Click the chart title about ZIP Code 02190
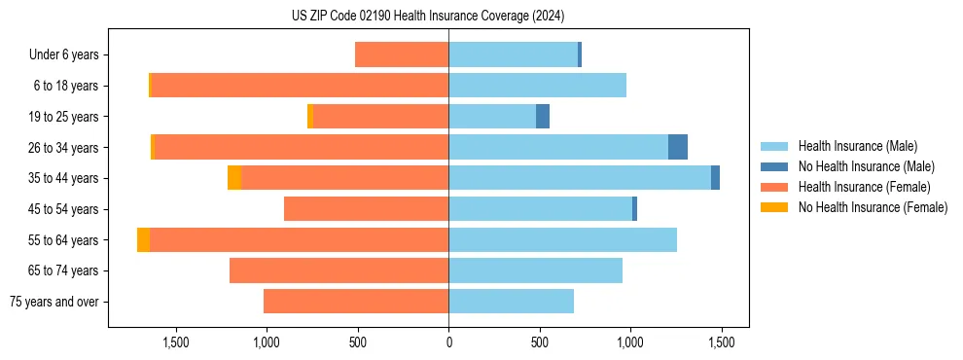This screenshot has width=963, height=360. click(428, 16)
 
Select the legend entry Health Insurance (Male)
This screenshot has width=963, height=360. click(857, 146)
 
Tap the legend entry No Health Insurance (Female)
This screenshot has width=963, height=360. click(873, 207)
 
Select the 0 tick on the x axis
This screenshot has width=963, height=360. click(448, 342)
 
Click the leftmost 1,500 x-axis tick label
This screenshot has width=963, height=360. click(175, 342)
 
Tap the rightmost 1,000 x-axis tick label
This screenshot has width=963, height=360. click(630, 342)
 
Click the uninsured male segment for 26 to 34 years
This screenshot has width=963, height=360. click(678, 147)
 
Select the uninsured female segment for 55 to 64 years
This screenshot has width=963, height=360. click(143, 239)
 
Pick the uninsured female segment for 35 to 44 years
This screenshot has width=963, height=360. click(234, 178)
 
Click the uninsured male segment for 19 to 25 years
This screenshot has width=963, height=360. click(543, 116)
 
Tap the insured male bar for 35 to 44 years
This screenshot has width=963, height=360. click(580, 178)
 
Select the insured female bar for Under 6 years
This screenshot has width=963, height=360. click(402, 54)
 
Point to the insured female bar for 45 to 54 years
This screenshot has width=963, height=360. click(366, 209)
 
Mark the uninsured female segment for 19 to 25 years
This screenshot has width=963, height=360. click(310, 116)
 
